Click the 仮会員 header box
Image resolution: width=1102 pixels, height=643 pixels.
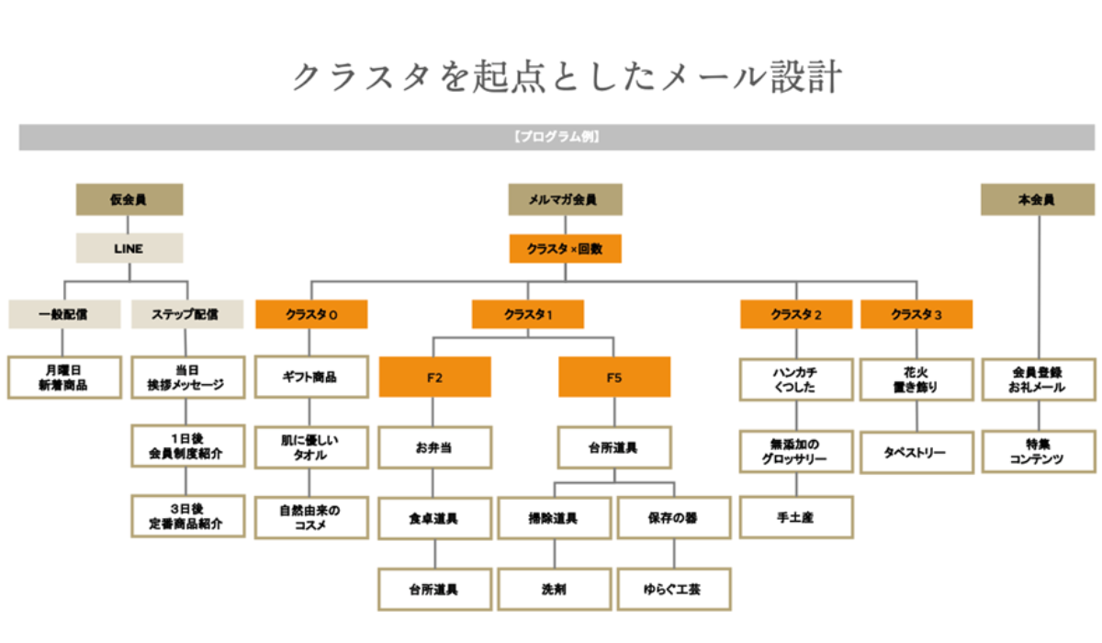click(129, 199)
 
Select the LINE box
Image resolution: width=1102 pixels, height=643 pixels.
click(129, 248)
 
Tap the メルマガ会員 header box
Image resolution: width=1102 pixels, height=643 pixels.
click(566, 199)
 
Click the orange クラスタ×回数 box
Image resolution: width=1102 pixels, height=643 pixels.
click(566, 248)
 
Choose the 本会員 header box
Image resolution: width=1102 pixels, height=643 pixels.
click(1038, 199)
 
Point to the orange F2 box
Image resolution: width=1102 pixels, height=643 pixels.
click(435, 377)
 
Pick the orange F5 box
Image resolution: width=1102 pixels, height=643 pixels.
click(614, 377)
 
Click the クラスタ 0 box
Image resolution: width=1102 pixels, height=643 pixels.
click(311, 314)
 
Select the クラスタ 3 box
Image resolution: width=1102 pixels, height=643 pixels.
click(916, 314)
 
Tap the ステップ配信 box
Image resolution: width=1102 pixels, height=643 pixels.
click(187, 314)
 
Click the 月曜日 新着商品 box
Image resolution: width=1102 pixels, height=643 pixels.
click(64, 378)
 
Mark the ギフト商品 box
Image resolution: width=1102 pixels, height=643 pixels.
click(311, 377)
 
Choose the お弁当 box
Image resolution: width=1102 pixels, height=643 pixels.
click(435, 447)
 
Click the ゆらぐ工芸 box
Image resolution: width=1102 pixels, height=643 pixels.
click(674, 590)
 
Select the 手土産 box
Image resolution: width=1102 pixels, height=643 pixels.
click(796, 517)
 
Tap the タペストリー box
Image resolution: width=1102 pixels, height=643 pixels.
click(916, 453)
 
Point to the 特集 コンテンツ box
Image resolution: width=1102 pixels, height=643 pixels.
click(1039, 452)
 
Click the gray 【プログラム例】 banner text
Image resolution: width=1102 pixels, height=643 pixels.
click(557, 137)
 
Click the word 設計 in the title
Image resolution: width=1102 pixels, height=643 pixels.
click(806, 77)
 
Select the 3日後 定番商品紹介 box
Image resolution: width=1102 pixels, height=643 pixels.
click(188, 516)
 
